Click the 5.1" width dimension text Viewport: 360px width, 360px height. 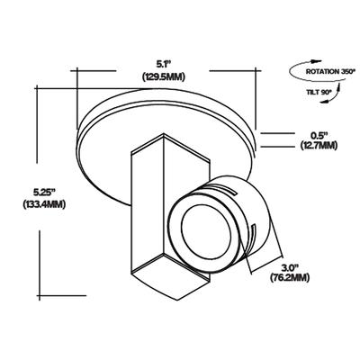click(x=163, y=64)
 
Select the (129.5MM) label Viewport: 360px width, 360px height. click(x=164, y=76)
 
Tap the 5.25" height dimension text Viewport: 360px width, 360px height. click(x=44, y=192)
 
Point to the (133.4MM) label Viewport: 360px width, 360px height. click(x=44, y=204)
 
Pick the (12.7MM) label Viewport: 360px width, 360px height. click(x=319, y=146)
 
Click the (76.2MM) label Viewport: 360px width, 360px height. click(x=290, y=278)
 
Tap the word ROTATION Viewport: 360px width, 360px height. click(x=322, y=72)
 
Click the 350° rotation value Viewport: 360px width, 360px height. click(x=347, y=72)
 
